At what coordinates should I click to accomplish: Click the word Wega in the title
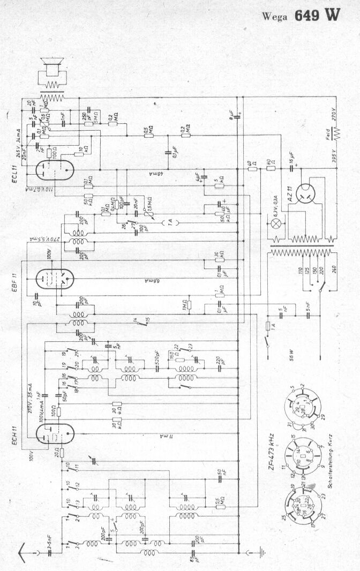pyautogui.click(x=275, y=17)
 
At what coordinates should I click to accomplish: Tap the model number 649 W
pyautogui.click(x=317, y=15)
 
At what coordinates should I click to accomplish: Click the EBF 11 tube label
pyautogui.click(x=16, y=279)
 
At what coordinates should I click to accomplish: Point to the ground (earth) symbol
pyautogui.click(x=261, y=550)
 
